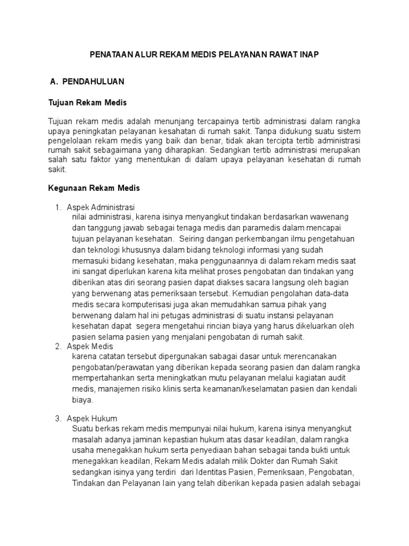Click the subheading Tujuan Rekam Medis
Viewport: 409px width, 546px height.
click(x=87, y=102)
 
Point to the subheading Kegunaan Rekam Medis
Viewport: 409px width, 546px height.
click(x=94, y=188)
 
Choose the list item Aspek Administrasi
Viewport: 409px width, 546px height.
click(x=101, y=207)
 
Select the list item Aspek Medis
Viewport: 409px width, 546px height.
click(x=90, y=347)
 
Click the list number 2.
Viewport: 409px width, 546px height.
click(x=58, y=347)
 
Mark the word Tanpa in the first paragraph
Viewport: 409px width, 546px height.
click(x=265, y=131)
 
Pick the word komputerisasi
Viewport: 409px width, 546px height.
click(x=147, y=304)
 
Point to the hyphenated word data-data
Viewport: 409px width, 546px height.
click(x=330, y=293)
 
